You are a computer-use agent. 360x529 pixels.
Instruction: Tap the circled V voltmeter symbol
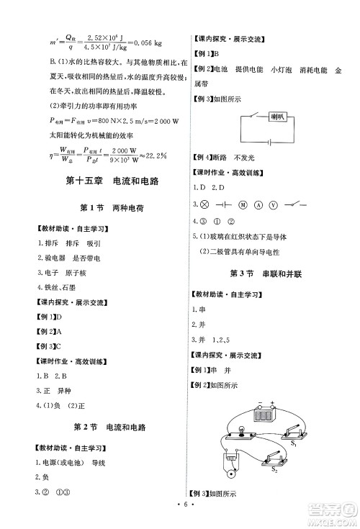[272, 204]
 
